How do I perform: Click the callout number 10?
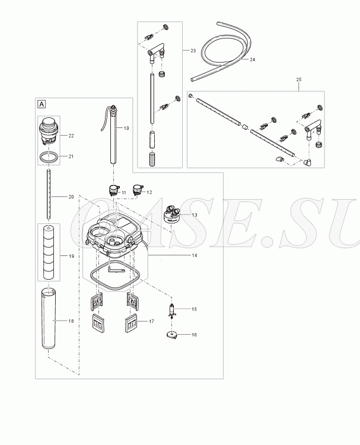click(126, 128)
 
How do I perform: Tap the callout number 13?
click(195, 215)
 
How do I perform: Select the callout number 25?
click(299, 79)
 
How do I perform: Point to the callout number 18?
click(71, 321)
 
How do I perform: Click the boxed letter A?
click(42, 104)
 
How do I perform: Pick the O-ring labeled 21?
click(49, 157)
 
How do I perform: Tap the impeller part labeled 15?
click(171, 310)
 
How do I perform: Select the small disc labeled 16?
click(172, 335)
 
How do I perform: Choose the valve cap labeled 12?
click(138, 190)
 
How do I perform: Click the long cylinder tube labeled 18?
click(49, 319)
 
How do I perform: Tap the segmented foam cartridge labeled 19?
click(49, 252)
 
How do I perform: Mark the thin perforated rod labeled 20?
click(49, 194)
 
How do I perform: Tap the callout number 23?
click(193, 51)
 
